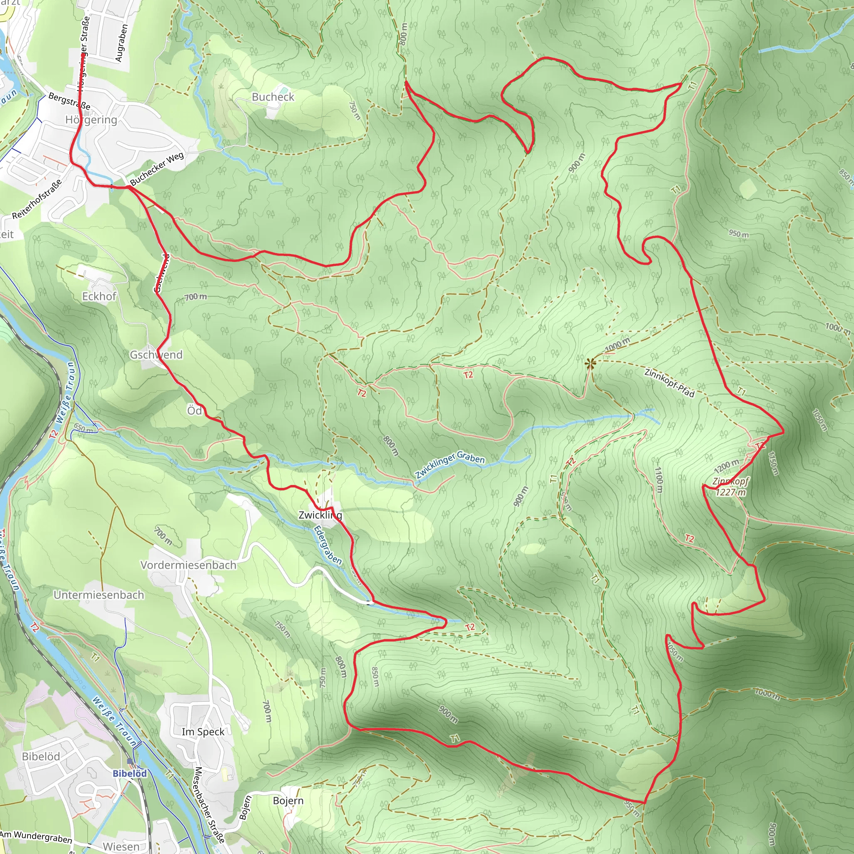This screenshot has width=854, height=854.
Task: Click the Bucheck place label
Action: coord(273,97)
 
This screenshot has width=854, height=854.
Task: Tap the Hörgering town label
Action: coord(91,120)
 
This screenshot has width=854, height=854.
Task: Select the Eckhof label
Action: coord(99,296)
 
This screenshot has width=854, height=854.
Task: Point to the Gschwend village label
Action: coord(156,354)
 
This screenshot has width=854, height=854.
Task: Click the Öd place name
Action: coord(194,411)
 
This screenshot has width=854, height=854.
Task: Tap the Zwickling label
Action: coord(320,515)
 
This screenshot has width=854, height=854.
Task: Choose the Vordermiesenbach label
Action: coord(188,565)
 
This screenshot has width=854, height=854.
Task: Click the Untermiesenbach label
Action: coord(99,595)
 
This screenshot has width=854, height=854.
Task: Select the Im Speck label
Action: coord(203,731)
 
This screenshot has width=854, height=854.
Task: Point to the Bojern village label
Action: coord(288,801)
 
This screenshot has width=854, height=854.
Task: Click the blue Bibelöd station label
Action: coord(130,774)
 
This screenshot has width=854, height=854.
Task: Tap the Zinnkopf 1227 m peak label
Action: coord(730,487)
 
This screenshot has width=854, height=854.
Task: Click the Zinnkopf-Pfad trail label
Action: coord(669,382)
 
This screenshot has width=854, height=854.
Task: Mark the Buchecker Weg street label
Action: coord(157,168)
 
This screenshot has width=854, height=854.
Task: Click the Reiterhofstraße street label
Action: coord(37,199)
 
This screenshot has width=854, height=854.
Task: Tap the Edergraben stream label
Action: coord(327,545)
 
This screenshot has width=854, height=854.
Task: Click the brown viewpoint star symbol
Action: coord(590,363)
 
